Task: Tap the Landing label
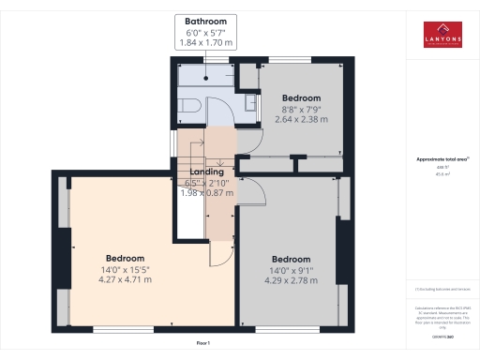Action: [206, 172]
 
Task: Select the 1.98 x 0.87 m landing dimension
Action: [206, 192]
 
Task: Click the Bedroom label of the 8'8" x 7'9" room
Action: [302, 98]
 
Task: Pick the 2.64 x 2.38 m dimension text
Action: [302, 119]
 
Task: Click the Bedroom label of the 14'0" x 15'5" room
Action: [124, 258]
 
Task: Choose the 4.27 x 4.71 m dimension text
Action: [124, 279]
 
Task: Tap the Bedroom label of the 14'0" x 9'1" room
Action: [291, 259]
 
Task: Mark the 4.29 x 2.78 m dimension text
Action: [291, 280]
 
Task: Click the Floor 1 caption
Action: [203, 344]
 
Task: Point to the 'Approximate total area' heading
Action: [441, 159]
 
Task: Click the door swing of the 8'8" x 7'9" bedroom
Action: [247, 141]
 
